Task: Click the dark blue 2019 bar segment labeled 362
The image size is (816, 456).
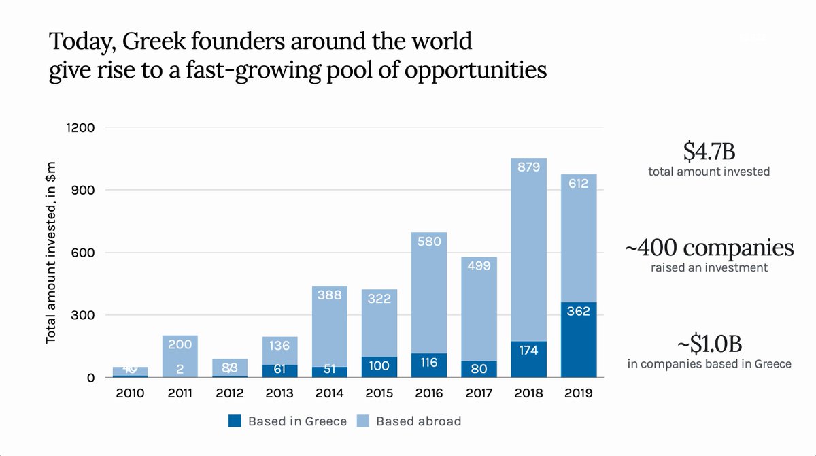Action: [579, 339]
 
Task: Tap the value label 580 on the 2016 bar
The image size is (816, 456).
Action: [430, 241]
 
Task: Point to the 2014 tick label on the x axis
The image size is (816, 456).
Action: [329, 393]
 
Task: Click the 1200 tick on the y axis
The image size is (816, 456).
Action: [81, 128]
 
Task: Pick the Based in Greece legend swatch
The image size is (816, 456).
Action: [235, 421]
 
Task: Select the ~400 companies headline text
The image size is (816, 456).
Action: [709, 247]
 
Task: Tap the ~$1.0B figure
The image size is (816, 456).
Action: [709, 343]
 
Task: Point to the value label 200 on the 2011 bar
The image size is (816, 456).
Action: [180, 345]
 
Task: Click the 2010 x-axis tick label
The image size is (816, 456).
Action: [130, 393]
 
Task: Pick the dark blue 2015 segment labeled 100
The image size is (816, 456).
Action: [379, 366]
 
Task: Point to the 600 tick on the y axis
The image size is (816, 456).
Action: [85, 253]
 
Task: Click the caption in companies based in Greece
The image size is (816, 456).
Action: [709, 364]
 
